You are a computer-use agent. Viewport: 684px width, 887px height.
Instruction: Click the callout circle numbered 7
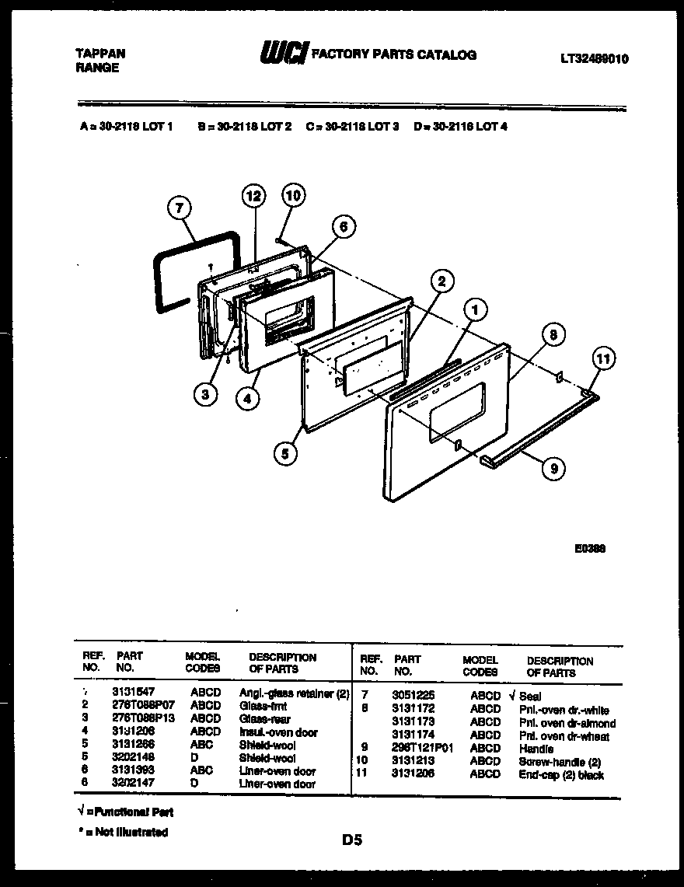coord(180,208)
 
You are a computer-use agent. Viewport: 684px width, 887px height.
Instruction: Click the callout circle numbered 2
coord(440,281)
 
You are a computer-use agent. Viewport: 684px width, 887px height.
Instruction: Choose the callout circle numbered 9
coord(553,468)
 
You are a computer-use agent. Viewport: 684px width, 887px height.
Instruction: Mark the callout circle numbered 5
coord(286,452)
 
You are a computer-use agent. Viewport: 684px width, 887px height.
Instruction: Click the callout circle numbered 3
coord(204,394)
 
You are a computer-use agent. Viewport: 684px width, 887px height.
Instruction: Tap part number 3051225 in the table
coord(414,697)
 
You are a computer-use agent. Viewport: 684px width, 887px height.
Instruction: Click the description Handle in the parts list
coord(536,749)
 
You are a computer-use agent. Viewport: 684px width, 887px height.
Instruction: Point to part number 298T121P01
coord(422,749)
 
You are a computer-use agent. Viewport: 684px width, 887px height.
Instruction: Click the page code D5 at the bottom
coord(351,840)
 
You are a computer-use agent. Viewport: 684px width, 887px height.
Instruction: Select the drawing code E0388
coord(590,547)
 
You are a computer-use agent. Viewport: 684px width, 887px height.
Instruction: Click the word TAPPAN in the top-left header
coord(99,54)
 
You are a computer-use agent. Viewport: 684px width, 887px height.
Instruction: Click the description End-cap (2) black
coord(561,775)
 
